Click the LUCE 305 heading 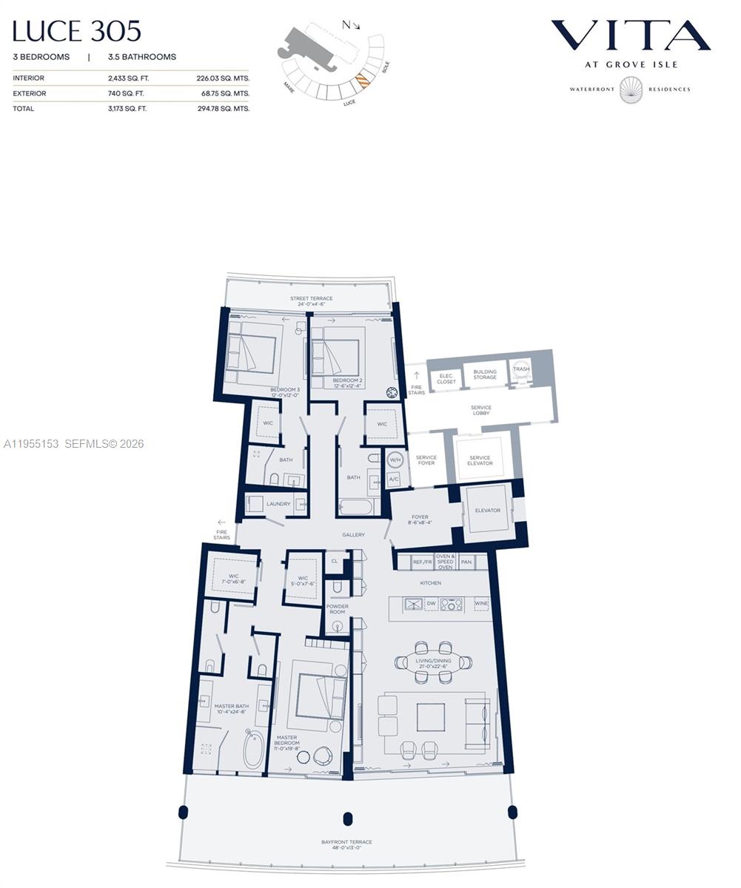(x=76, y=31)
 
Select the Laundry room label (x=278, y=504)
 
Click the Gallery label (x=353, y=534)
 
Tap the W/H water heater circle (x=395, y=460)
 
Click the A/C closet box (x=394, y=479)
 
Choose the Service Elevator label (x=480, y=460)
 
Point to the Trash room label (x=521, y=369)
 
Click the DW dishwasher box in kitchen (x=431, y=604)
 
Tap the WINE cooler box (x=480, y=604)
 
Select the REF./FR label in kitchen (x=422, y=562)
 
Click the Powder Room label (x=337, y=609)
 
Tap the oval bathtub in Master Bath (x=253, y=749)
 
